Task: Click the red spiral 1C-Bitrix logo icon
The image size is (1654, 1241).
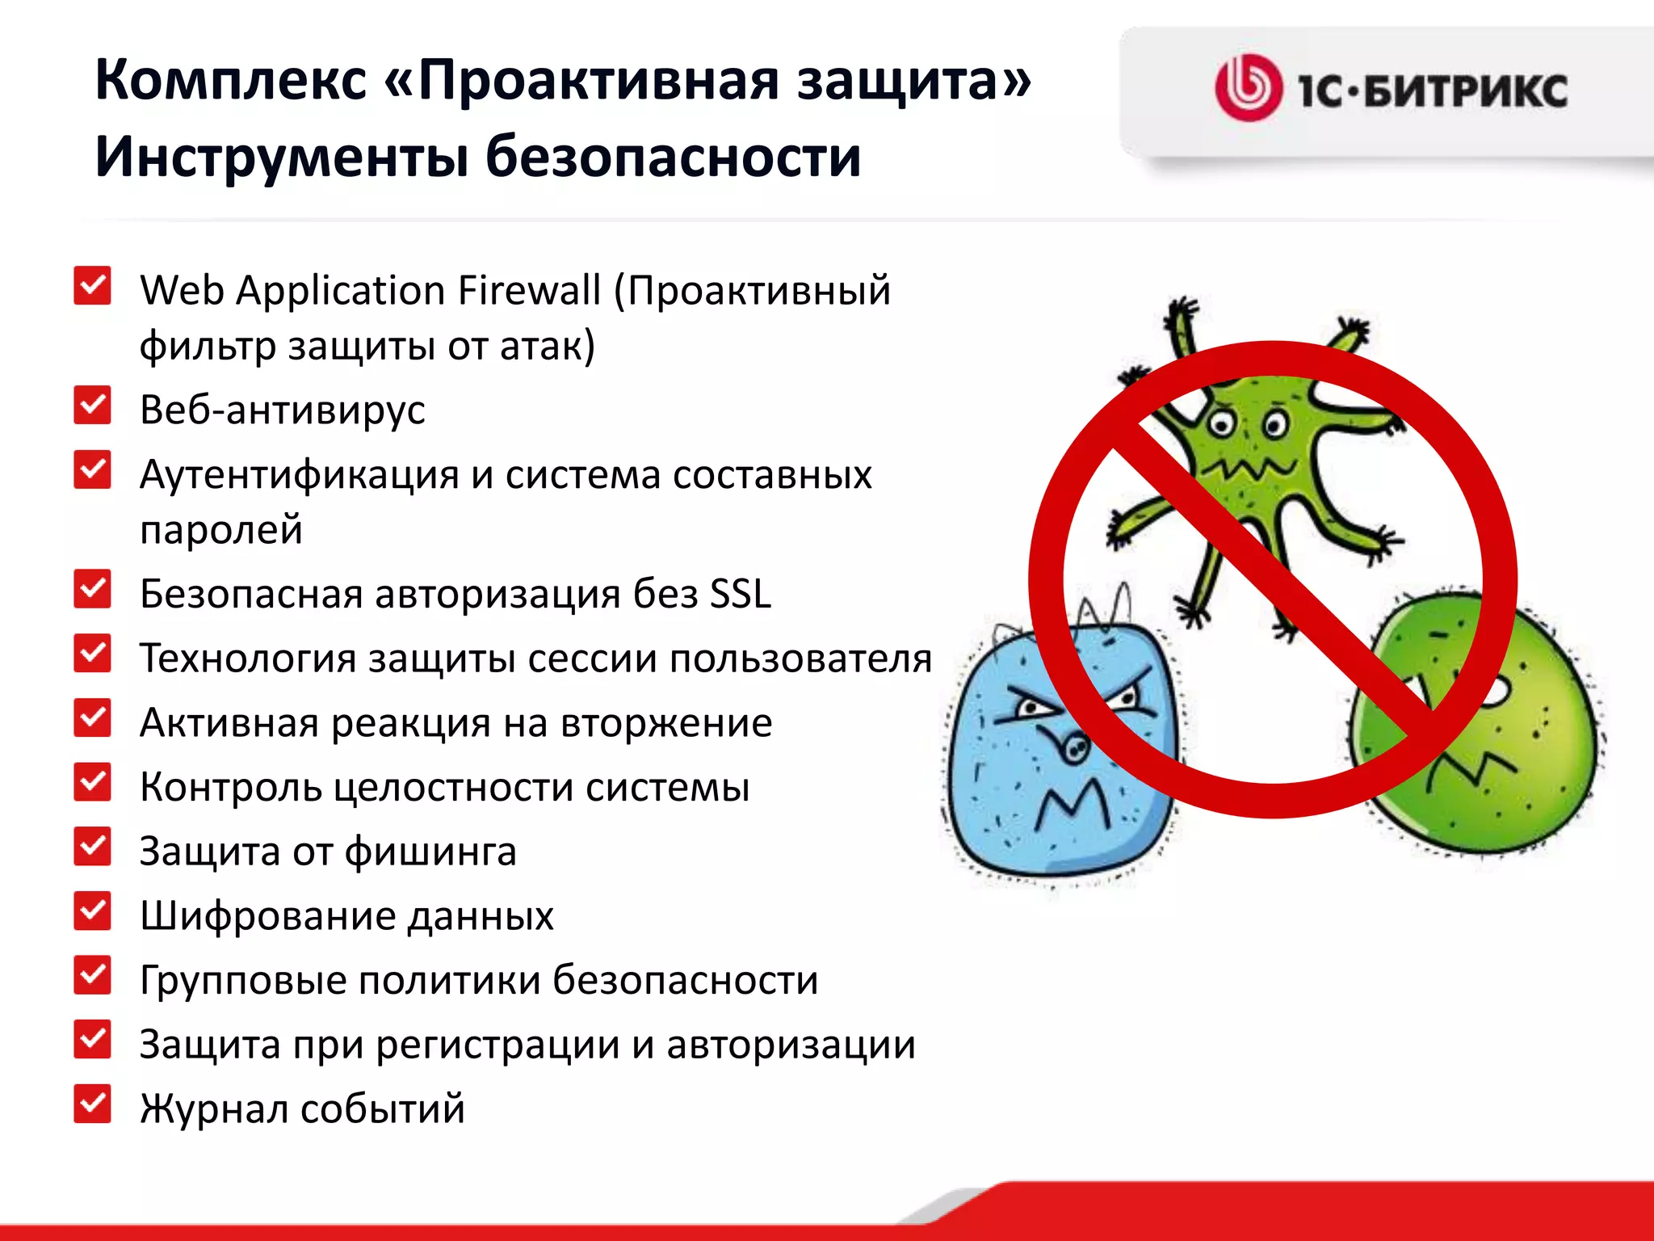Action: pyautogui.click(x=1248, y=88)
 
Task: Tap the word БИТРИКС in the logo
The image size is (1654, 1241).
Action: pyautogui.click(x=1465, y=90)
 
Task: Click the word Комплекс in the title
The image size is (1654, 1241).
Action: pyautogui.click(x=231, y=80)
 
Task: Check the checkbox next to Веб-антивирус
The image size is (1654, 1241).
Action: pyautogui.click(x=92, y=405)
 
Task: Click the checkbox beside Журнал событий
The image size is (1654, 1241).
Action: pyautogui.click(x=92, y=1104)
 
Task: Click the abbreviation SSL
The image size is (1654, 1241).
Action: pyautogui.click(x=740, y=594)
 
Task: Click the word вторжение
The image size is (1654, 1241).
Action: pyautogui.click(x=666, y=722)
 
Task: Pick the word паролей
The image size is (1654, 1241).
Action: pyautogui.click(x=221, y=530)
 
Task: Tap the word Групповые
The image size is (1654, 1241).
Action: pyautogui.click(x=242, y=981)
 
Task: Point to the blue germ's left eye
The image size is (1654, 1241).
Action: pyautogui.click(x=1030, y=709)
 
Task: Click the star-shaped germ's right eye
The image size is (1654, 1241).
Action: pyautogui.click(x=1276, y=423)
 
